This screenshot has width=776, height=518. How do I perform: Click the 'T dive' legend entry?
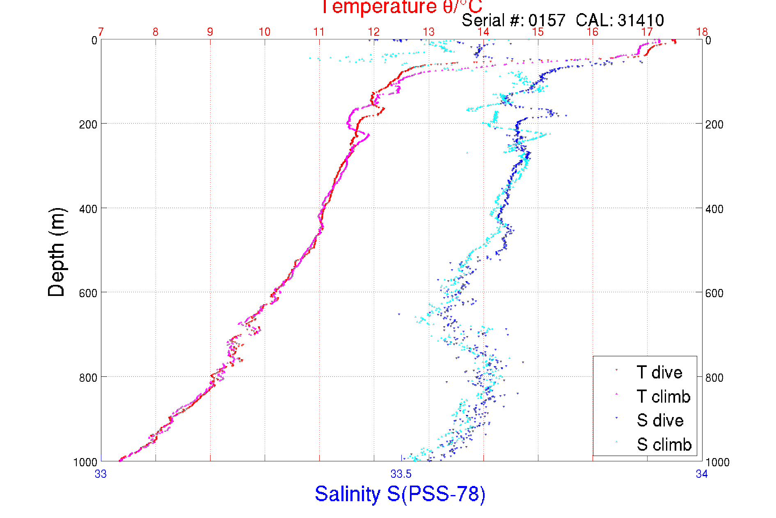click(x=659, y=372)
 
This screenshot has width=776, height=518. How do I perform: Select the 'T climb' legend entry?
click(x=663, y=397)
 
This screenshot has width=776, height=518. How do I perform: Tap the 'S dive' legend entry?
click(x=660, y=420)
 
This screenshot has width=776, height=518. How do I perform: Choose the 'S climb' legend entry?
click(x=664, y=445)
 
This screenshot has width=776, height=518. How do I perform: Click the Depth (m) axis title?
click(x=57, y=252)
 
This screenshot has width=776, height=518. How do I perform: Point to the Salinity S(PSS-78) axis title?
click(x=400, y=494)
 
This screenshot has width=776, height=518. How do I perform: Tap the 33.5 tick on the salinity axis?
click(x=401, y=474)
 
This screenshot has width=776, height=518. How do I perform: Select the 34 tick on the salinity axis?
click(x=702, y=474)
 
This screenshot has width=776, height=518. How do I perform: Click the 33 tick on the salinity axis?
click(x=101, y=474)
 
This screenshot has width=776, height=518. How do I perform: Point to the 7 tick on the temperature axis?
click(x=101, y=32)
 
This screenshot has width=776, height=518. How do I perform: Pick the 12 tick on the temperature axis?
click(x=374, y=32)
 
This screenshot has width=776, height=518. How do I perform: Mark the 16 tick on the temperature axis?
click(x=593, y=32)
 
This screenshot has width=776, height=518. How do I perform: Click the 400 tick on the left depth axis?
click(x=88, y=209)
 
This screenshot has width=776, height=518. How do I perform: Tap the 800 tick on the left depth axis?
click(x=88, y=377)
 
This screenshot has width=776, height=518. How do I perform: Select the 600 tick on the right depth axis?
click(x=714, y=293)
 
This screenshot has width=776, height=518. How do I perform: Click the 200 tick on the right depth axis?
click(x=714, y=124)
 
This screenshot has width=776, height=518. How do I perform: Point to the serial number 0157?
click(x=547, y=20)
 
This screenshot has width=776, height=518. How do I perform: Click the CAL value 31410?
click(x=641, y=20)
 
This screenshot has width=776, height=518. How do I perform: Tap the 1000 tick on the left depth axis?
click(x=85, y=462)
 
